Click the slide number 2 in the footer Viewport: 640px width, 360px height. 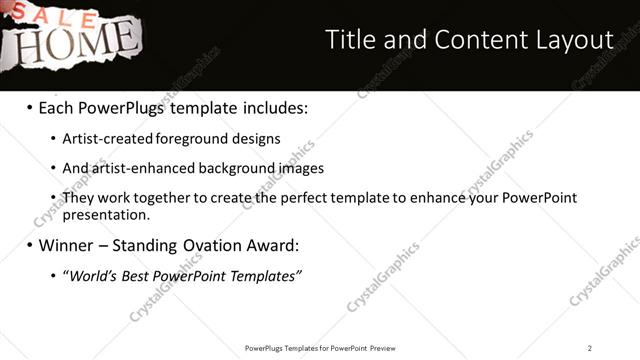pos(590,348)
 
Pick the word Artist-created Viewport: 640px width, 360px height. pos(102,139)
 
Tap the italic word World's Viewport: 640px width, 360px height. pos(92,275)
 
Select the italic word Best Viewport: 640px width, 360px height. pos(136,275)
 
